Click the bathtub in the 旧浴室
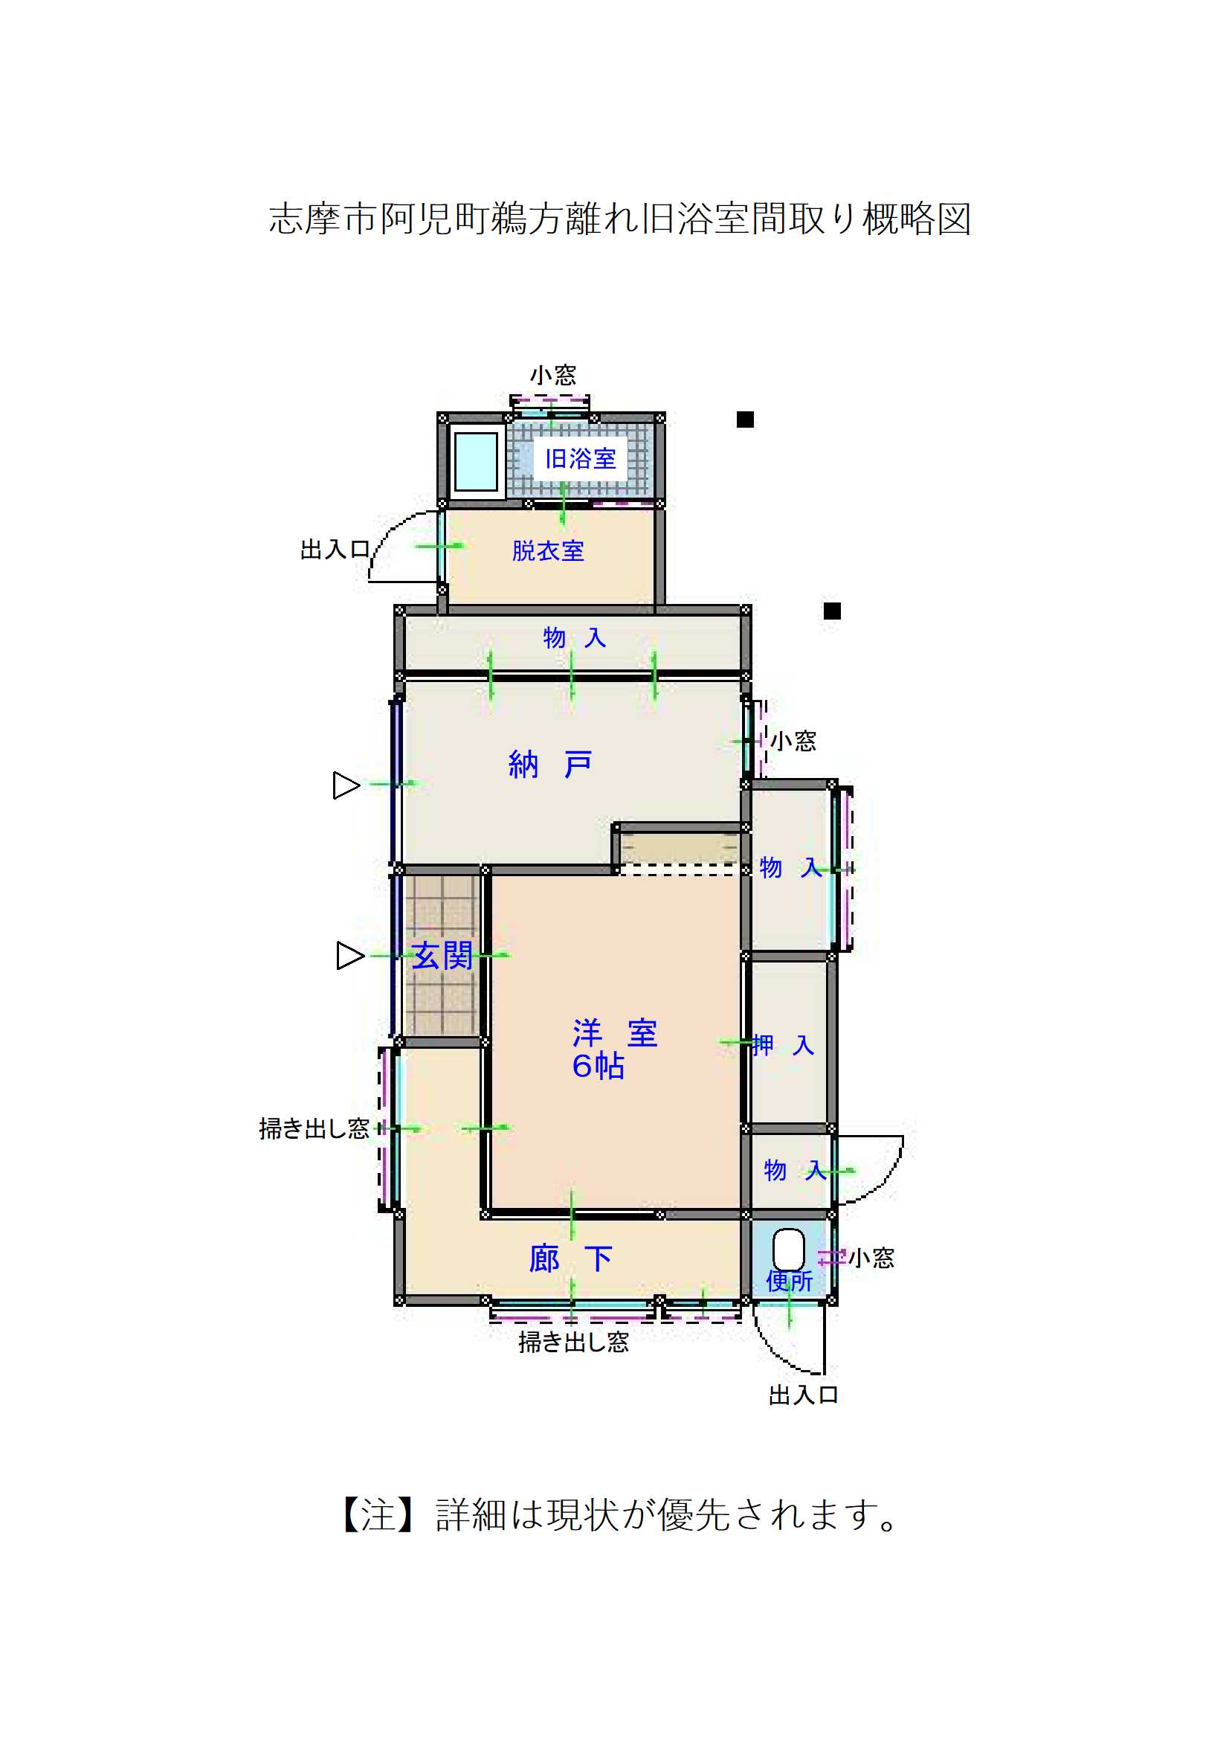click(476, 461)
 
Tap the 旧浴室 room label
click(580, 458)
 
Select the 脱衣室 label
click(547, 550)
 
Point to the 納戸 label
click(549, 765)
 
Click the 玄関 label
click(442, 956)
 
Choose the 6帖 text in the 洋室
click(598, 1067)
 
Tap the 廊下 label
click(570, 1259)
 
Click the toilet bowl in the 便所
click(788, 1249)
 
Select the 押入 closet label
click(782, 1046)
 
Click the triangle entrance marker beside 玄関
click(349, 956)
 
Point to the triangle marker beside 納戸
click(346, 785)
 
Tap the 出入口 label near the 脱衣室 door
click(335, 549)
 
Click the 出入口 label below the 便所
click(803, 1395)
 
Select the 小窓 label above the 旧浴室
click(552, 375)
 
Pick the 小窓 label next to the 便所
click(871, 1258)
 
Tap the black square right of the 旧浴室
click(745, 420)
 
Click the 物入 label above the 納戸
click(574, 637)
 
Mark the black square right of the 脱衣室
click(832, 611)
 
